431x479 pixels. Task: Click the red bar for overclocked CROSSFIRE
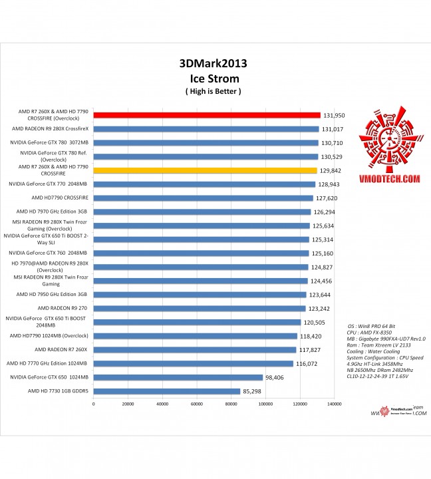coord(206,115)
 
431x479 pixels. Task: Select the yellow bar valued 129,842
coord(205,170)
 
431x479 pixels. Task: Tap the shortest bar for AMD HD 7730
coord(166,391)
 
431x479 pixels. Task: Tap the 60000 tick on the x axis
coord(197,404)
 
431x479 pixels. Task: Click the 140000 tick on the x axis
coord(334,404)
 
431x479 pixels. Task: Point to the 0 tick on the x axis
coord(94,404)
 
